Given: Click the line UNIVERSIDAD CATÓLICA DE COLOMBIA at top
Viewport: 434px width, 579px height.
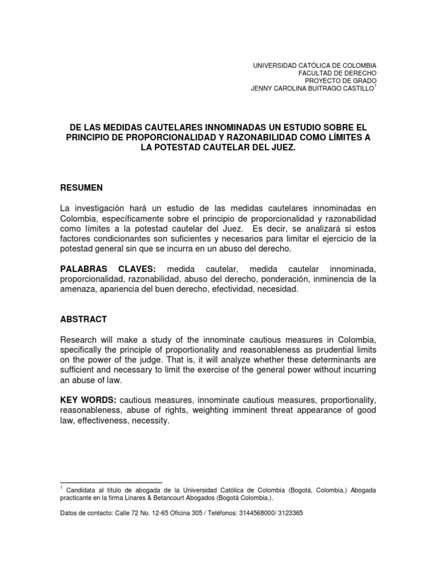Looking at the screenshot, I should pyautogui.click(x=314, y=66).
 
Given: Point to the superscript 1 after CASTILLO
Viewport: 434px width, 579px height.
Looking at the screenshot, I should pyautogui.click(x=375, y=87).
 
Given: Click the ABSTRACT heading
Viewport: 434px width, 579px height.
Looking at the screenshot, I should pyautogui.click(x=84, y=319).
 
